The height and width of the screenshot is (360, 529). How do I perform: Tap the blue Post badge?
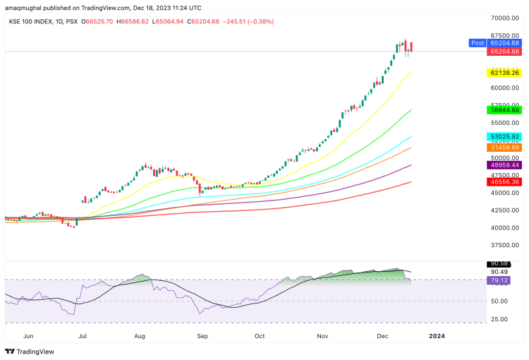coord(478,43)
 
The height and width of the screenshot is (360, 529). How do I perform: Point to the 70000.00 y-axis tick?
coord(504,18)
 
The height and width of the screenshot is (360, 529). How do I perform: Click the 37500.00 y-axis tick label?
coord(504,246)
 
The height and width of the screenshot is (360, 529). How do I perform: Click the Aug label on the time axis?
coord(139,337)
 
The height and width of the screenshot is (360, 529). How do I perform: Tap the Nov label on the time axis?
coord(322,337)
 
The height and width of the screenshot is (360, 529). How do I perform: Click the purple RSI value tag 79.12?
coord(499,280)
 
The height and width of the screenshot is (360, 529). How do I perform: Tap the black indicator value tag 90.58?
coord(499,263)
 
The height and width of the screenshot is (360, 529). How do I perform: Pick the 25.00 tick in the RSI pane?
coord(499,319)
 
